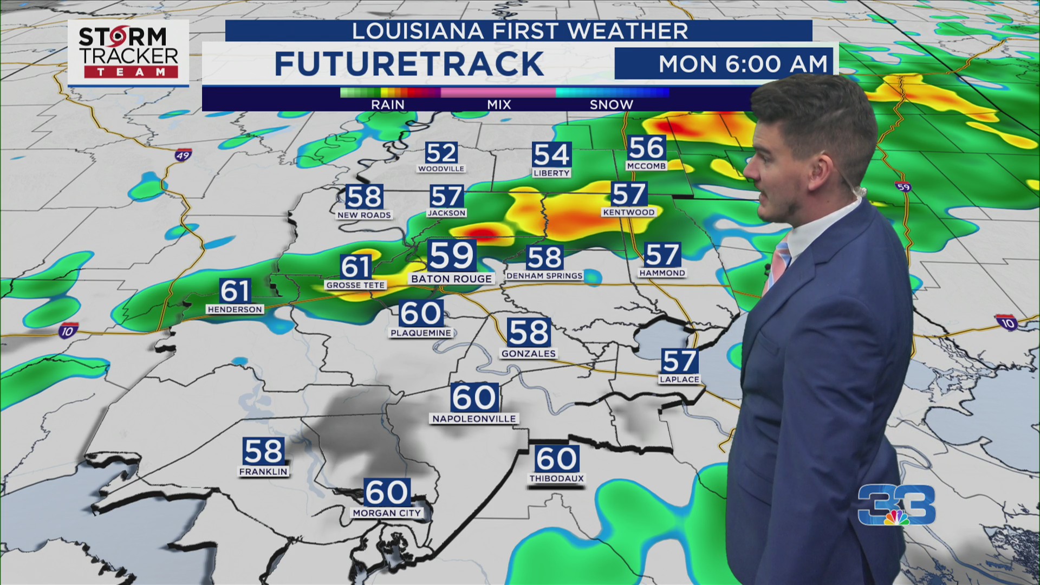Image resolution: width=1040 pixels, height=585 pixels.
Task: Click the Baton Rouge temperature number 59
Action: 452,256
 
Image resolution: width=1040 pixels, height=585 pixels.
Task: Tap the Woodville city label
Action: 441,169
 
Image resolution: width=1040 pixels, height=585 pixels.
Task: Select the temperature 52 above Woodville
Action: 441,153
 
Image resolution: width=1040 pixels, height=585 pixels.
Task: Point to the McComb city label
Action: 646,166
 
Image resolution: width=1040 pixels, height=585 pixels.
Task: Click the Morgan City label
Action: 387,513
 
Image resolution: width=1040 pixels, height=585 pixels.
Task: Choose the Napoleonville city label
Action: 474,419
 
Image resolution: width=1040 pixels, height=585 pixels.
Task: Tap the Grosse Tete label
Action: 355,285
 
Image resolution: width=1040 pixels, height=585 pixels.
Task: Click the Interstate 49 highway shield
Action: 183,155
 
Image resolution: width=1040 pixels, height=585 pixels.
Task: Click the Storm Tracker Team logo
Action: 128,53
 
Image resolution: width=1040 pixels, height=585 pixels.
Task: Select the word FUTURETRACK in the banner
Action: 409,64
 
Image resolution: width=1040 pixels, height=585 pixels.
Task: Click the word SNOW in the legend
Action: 611,105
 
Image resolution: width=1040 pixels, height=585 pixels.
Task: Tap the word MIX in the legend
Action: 499,105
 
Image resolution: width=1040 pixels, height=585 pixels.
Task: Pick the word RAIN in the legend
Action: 388,105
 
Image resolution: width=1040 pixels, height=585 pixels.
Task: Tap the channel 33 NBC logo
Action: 896,505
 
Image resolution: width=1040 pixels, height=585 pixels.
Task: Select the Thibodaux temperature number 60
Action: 556,459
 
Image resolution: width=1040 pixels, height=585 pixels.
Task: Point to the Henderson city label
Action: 235,309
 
